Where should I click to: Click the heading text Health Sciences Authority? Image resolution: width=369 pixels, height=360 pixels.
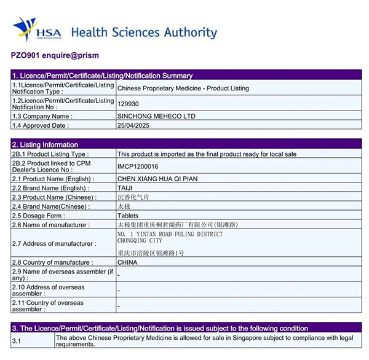point(144,33)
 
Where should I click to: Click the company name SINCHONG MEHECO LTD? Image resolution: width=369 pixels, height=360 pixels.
point(156,115)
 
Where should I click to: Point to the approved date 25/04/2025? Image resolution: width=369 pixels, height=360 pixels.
point(133,125)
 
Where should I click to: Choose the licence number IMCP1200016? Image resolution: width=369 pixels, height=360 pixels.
point(138,166)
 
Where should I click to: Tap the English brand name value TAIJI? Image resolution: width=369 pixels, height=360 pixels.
point(125,188)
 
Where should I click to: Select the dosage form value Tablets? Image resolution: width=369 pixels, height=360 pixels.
point(128,216)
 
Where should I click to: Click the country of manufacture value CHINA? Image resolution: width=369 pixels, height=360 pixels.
point(127,262)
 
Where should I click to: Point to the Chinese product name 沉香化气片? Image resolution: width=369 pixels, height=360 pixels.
point(133,197)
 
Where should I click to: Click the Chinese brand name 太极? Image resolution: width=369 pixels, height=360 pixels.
point(124,206)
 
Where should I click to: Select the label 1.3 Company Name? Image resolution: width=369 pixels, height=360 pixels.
point(42,115)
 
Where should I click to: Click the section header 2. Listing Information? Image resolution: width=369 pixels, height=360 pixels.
point(45,144)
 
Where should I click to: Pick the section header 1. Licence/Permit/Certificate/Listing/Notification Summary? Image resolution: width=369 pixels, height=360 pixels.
point(103,76)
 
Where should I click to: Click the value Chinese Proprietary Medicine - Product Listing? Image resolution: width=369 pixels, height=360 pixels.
point(183,88)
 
